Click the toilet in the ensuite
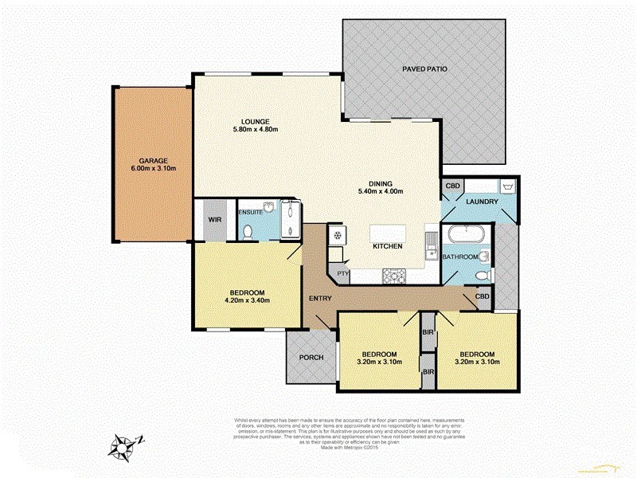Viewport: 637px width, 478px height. click(248, 231)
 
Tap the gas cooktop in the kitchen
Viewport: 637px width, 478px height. click(395, 276)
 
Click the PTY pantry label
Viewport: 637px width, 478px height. click(342, 274)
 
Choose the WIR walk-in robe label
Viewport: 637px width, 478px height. click(214, 218)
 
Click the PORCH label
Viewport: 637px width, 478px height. click(311, 358)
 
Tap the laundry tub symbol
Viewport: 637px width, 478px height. click(506, 187)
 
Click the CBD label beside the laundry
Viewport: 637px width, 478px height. click(453, 186)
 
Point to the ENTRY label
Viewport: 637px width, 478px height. click(321, 299)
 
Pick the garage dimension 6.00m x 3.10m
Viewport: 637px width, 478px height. click(152, 169)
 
